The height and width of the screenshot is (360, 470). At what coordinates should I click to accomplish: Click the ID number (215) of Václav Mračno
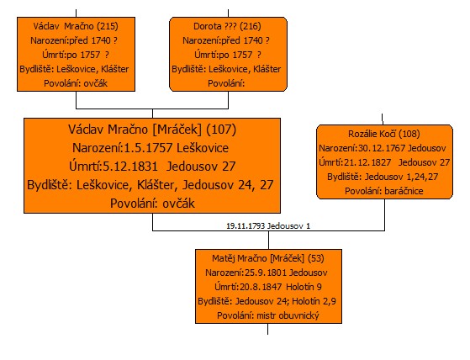(x=108, y=26)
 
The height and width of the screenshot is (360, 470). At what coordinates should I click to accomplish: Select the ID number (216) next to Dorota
(x=251, y=26)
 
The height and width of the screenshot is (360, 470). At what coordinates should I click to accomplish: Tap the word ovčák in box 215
(x=96, y=83)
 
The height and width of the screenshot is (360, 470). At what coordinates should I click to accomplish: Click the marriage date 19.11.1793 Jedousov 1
(x=268, y=225)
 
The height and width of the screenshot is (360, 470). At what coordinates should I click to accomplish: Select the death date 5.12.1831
(x=130, y=167)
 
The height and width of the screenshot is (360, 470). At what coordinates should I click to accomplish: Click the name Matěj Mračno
(x=239, y=258)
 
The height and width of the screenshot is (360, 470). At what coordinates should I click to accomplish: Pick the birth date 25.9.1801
(x=266, y=273)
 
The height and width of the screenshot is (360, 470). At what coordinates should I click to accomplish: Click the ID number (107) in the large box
(x=221, y=130)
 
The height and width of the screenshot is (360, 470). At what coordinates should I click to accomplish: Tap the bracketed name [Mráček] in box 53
(x=288, y=258)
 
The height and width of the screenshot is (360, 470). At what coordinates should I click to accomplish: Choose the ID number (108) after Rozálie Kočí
(x=409, y=134)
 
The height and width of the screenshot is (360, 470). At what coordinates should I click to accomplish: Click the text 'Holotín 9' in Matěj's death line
(x=304, y=287)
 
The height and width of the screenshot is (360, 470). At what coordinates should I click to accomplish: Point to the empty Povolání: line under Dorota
(x=226, y=83)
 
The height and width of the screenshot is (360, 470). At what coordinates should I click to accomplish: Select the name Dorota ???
(x=215, y=26)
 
